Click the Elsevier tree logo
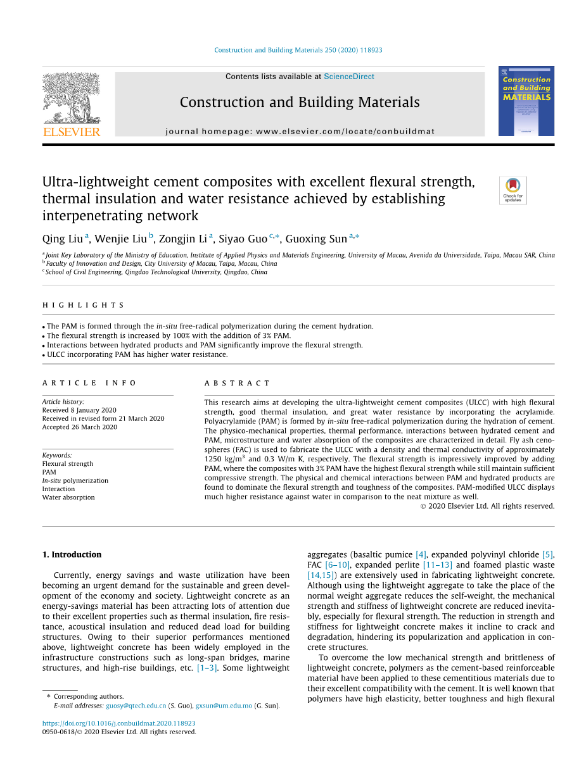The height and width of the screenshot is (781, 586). (x=71, y=97)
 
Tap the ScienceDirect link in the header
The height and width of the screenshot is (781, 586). (x=348, y=77)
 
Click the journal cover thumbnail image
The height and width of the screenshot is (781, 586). (x=526, y=101)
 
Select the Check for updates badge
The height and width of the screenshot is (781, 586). (x=513, y=190)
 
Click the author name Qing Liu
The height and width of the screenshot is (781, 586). (x=63, y=239)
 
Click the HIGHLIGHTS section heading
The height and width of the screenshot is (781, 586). (x=84, y=305)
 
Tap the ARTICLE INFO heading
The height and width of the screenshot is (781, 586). (x=89, y=383)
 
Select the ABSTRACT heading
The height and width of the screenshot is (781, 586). (x=237, y=383)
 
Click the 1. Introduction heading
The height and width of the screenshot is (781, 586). (x=72, y=554)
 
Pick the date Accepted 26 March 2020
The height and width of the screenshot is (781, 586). (x=79, y=427)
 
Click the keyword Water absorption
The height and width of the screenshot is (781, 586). (x=68, y=497)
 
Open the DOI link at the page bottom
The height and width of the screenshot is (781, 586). (x=118, y=723)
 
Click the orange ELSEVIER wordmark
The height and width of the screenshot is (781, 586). (x=72, y=132)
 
